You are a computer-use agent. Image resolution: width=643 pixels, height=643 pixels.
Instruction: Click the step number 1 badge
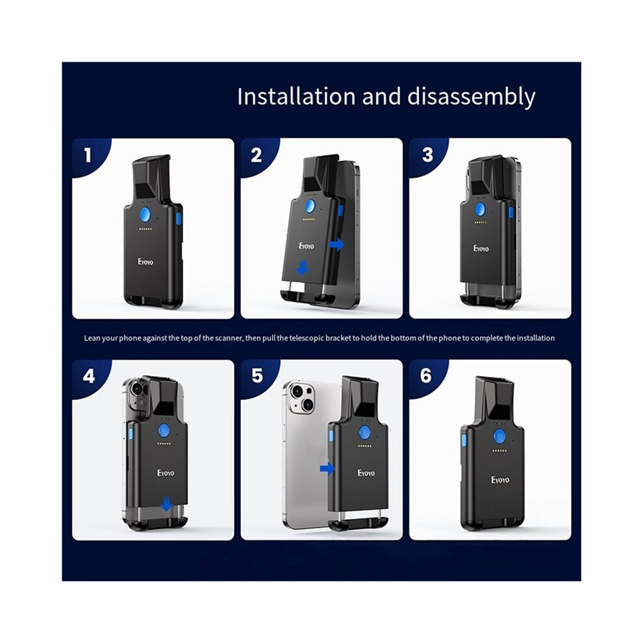(x=87, y=155)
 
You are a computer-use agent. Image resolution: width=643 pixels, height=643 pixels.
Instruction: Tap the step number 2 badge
(x=257, y=155)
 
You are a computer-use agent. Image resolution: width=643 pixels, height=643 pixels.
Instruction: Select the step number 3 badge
(x=428, y=155)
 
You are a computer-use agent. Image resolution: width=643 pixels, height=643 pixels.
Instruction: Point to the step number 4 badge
(x=88, y=376)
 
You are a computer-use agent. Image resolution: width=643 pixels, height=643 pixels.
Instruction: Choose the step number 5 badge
(x=257, y=375)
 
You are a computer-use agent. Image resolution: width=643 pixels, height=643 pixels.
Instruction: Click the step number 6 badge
(x=426, y=375)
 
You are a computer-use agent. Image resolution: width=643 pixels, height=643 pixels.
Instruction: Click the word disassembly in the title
(x=471, y=97)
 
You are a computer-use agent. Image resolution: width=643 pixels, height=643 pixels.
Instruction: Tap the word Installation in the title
(x=296, y=97)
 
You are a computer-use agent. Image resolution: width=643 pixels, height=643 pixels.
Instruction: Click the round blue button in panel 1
(x=145, y=214)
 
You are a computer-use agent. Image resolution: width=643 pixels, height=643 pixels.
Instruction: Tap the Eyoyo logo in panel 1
(x=145, y=262)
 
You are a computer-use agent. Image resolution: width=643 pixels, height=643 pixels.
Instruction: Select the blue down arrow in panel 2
(x=303, y=268)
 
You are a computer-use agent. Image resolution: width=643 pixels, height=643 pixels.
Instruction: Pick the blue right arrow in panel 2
(x=336, y=244)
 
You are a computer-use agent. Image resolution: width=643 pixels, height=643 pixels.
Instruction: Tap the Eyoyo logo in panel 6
(x=500, y=480)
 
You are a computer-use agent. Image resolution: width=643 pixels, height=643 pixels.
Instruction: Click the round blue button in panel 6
(x=499, y=436)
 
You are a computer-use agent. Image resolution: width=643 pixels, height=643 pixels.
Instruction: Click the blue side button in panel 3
(x=511, y=212)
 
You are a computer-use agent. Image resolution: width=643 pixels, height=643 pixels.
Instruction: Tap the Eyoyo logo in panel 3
(x=481, y=249)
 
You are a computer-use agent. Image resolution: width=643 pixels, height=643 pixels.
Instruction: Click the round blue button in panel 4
(x=164, y=431)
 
